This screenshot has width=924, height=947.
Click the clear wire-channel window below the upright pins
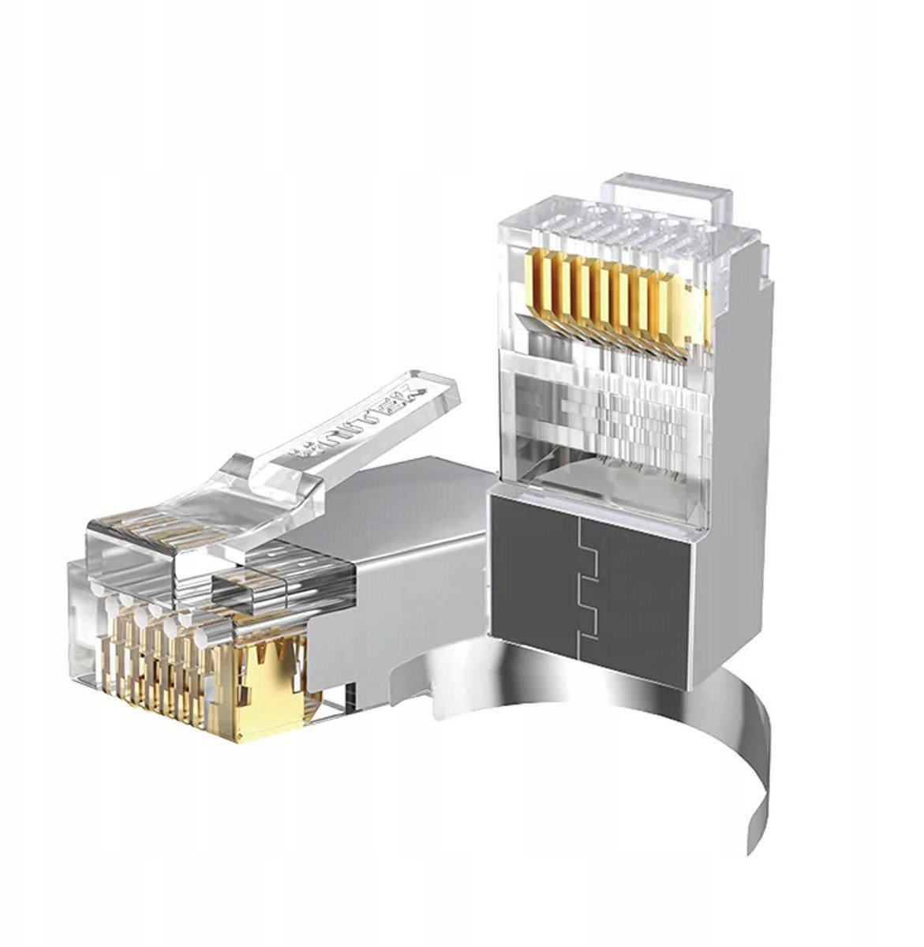600,410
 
